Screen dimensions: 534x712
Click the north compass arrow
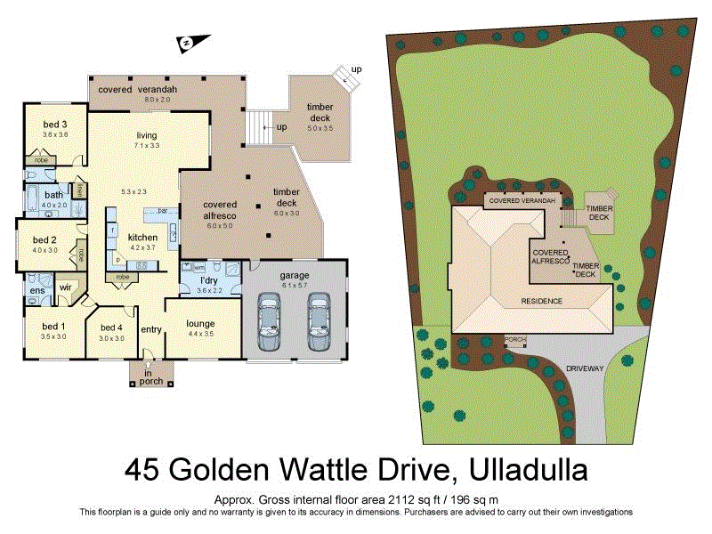(190, 41)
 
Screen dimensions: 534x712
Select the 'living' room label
(146, 135)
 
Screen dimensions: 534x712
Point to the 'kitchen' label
(142, 238)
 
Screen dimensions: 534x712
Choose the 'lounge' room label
(201, 323)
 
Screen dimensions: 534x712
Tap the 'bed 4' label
(110, 327)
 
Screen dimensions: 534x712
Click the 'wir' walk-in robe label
(65, 287)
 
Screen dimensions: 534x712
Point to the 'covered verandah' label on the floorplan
(138, 90)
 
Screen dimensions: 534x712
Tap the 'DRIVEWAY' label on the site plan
(583, 367)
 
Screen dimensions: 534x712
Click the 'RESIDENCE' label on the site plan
(541, 301)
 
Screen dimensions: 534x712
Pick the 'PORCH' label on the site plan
(515, 339)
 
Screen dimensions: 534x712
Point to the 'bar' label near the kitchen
(163, 211)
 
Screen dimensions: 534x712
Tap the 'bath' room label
(54, 194)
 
